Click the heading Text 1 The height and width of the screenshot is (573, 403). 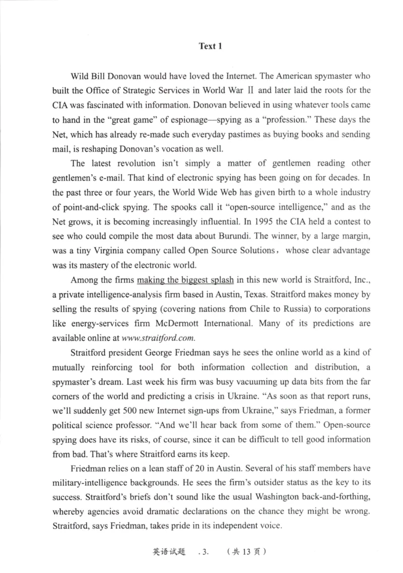(x=211, y=46)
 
